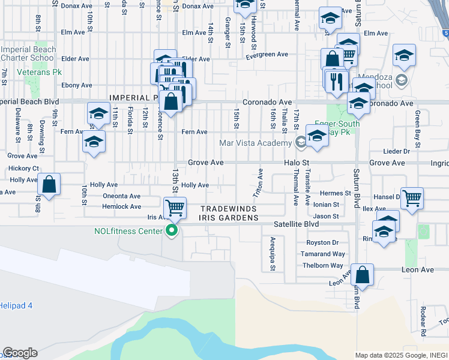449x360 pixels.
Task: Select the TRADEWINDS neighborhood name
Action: click(229, 208)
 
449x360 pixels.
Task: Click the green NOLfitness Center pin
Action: click(172, 230)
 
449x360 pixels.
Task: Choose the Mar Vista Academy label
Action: click(256, 143)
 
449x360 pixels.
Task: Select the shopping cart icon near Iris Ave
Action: click(175, 208)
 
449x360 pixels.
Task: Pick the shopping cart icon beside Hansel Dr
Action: click(412, 198)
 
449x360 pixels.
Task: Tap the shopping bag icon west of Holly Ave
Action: click(50, 184)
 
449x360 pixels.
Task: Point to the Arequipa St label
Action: click(273, 254)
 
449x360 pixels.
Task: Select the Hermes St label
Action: click(335, 193)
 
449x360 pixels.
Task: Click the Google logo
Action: click(20, 353)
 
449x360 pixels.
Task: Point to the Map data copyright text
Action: click(400, 355)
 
